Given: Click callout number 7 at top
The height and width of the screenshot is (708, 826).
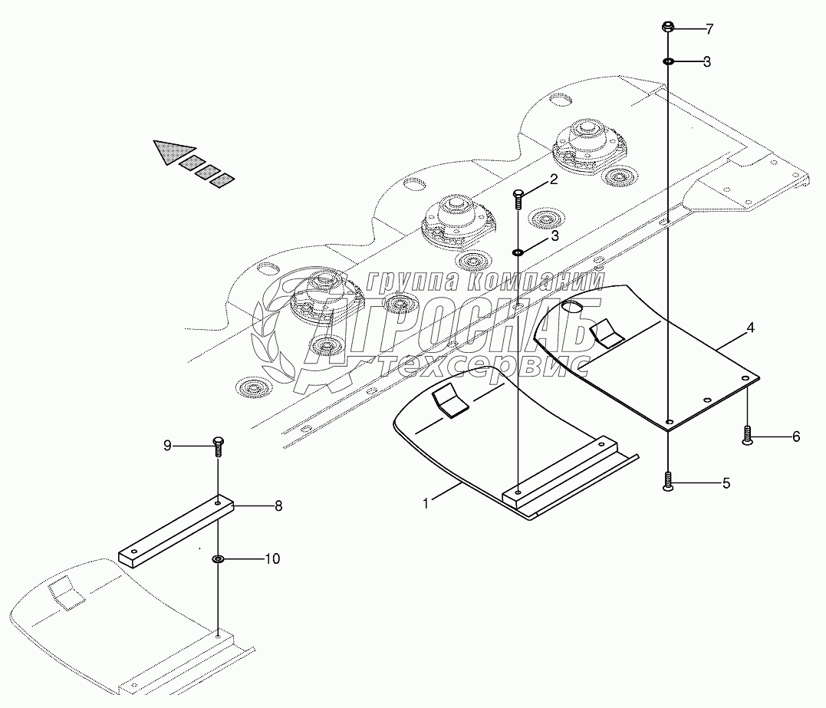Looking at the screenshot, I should click(x=709, y=29).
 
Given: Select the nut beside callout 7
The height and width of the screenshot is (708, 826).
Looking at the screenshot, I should click(x=668, y=28).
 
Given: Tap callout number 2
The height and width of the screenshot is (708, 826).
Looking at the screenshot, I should click(x=552, y=180).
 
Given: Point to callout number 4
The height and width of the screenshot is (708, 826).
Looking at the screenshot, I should click(x=750, y=328).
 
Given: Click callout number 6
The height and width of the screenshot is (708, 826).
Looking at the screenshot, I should click(x=795, y=436).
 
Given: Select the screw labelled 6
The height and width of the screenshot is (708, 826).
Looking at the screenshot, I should click(x=748, y=436).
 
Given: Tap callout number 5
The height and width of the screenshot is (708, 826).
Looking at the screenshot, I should click(x=726, y=483).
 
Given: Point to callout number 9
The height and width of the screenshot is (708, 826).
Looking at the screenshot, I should click(x=166, y=445).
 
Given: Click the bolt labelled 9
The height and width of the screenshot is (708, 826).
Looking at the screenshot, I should click(x=218, y=444).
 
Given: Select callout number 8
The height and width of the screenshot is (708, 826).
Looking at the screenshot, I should click(x=278, y=505).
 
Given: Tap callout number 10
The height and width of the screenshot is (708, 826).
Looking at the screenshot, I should click(x=272, y=559).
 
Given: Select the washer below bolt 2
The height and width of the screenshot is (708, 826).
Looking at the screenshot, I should click(x=518, y=252).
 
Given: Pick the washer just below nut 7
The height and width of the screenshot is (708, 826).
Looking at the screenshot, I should click(x=669, y=61).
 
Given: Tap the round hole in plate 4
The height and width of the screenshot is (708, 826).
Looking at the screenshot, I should click(x=572, y=308).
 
